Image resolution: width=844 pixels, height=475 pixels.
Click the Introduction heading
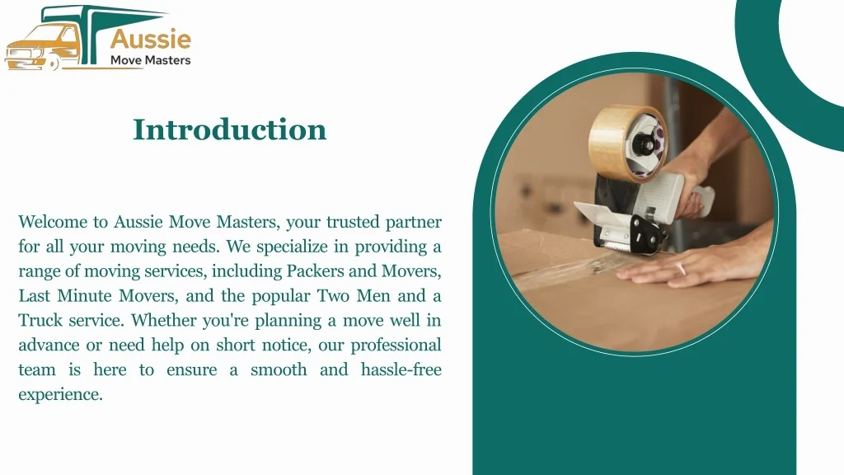click(230, 129)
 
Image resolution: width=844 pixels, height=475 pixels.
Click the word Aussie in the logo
click(150, 40)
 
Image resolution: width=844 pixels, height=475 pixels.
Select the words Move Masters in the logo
click(150, 60)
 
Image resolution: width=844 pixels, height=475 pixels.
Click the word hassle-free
click(401, 369)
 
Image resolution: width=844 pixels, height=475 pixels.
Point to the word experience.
click(60, 394)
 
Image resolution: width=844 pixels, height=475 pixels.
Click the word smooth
click(279, 369)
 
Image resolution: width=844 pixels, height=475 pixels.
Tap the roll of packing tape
click(626, 142)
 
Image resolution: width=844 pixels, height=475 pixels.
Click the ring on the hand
click(681, 269)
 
